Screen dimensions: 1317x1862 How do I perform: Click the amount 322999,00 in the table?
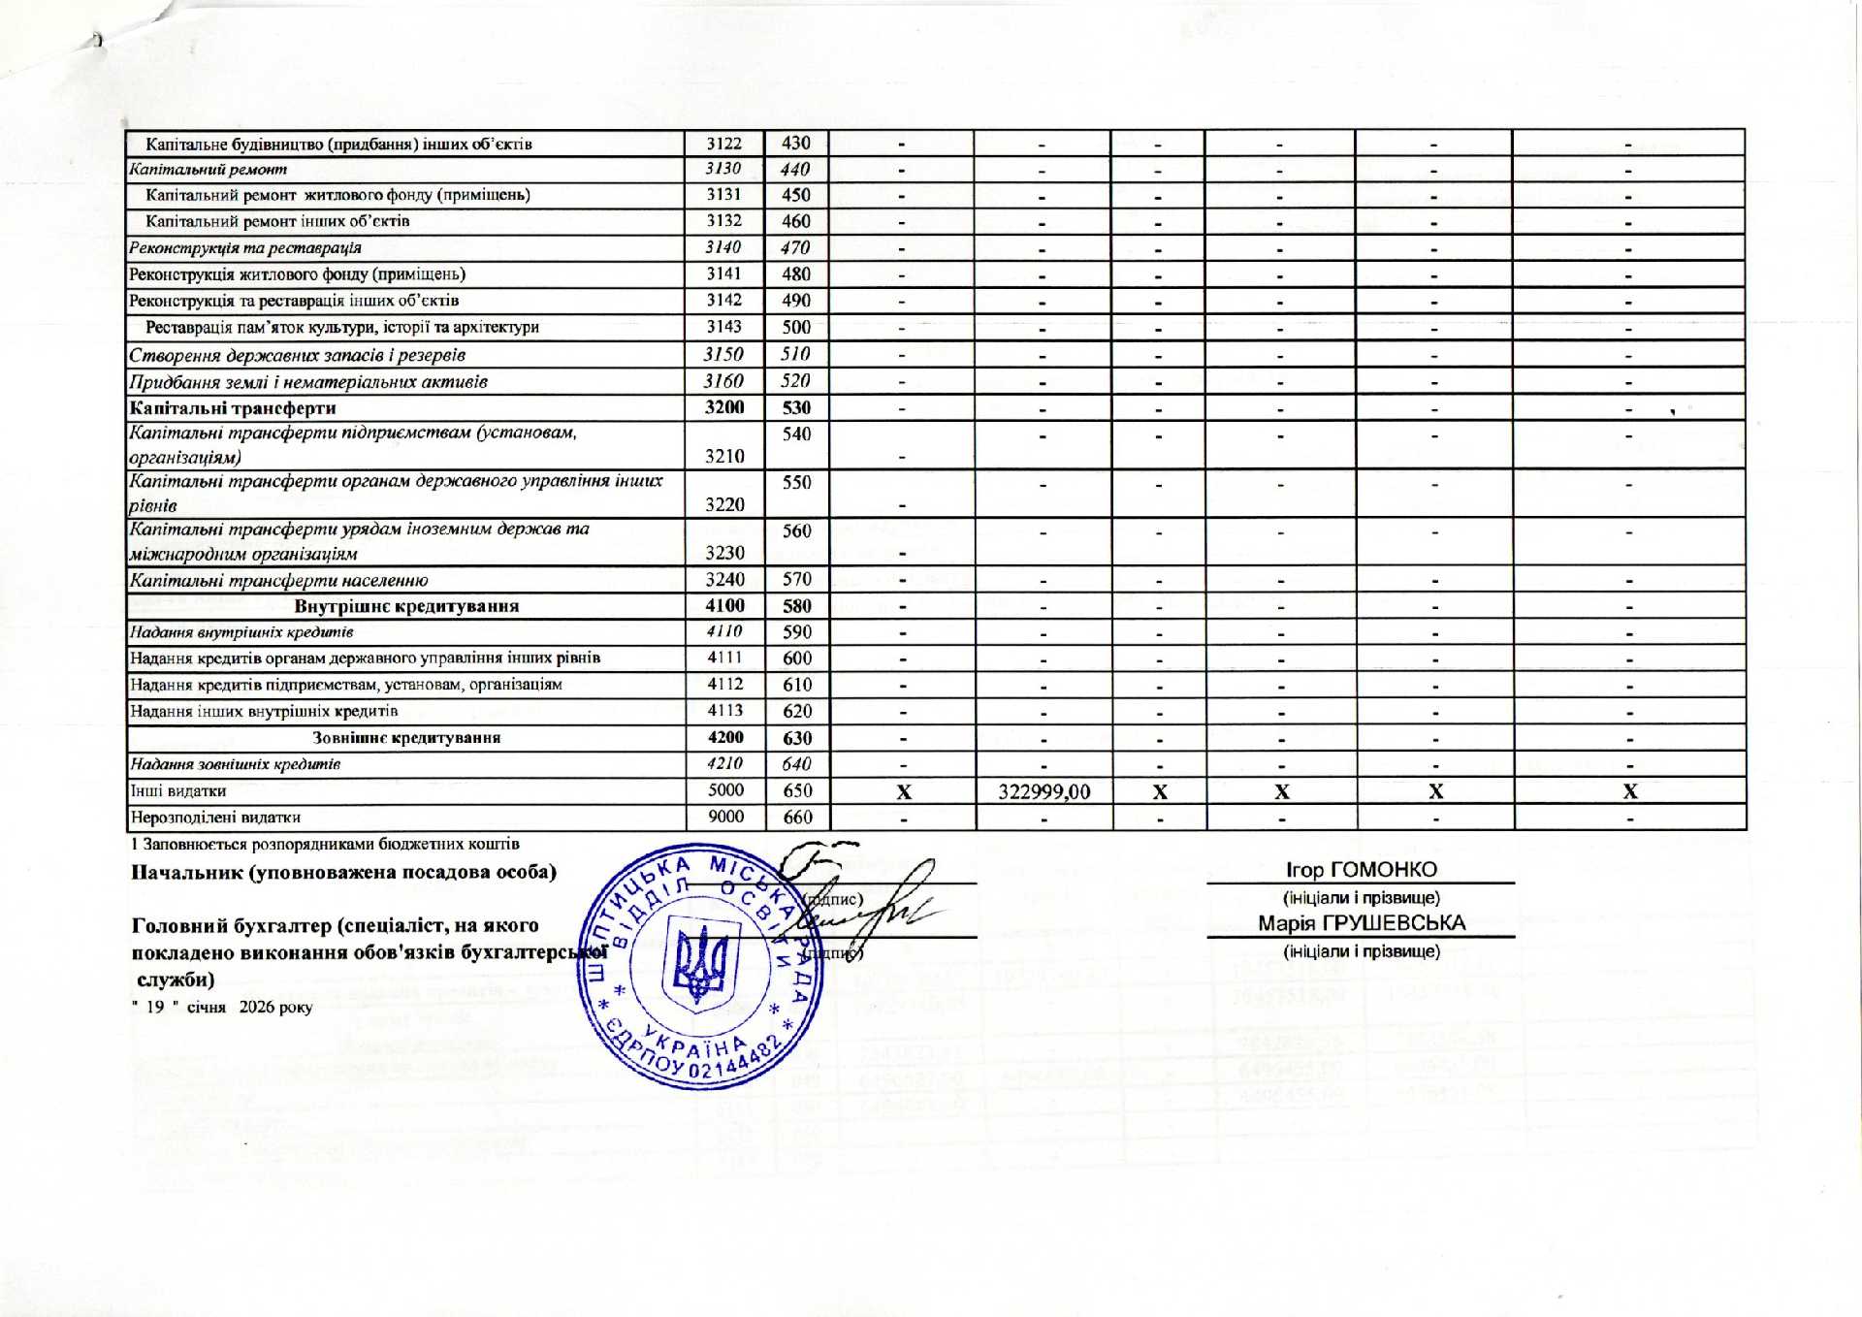[x=1043, y=791]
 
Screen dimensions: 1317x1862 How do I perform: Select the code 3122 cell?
[x=723, y=144]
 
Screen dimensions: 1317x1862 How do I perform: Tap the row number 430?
[x=796, y=143]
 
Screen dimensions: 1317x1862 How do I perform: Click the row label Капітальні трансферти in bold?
[x=233, y=407]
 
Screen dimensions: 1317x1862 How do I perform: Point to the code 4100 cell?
[x=724, y=605]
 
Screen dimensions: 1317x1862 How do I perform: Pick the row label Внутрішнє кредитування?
[x=406, y=606]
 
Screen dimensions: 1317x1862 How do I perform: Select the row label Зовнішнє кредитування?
[x=406, y=737]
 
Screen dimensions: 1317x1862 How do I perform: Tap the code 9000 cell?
[x=724, y=817]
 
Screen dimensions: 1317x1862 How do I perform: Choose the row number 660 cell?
[x=797, y=817]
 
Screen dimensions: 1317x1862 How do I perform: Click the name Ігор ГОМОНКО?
[x=1361, y=870]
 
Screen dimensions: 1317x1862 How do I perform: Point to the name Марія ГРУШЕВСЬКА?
[x=1362, y=923]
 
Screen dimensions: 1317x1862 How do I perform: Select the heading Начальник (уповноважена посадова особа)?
[x=343, y=871]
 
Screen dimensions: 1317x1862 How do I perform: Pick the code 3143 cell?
[x=723, y=327]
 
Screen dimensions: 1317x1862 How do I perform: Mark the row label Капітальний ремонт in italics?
[x=209, y=169]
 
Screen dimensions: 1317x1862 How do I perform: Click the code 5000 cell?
[x=724, y=790]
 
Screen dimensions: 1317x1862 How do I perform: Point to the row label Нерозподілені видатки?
[x=214, y=817]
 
